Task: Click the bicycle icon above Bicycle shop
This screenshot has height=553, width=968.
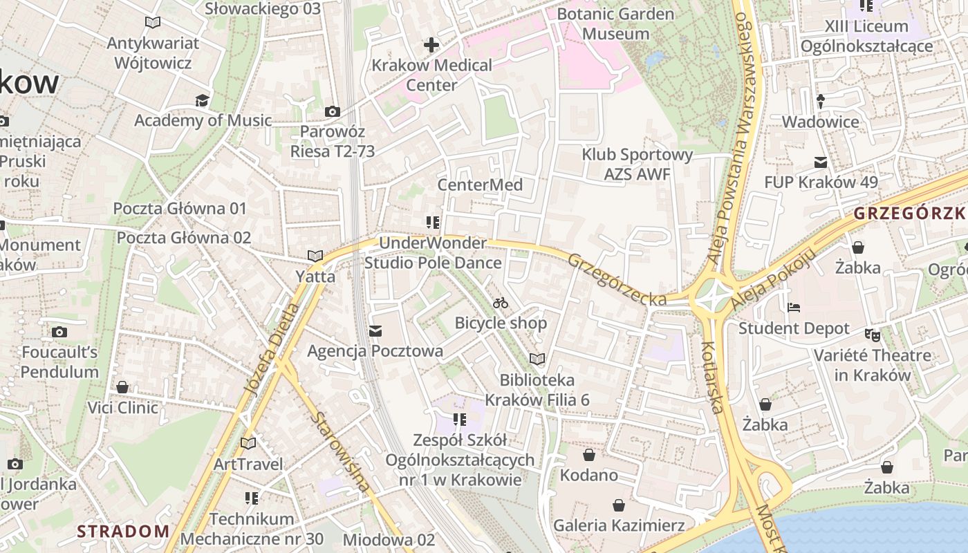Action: pos(501,303)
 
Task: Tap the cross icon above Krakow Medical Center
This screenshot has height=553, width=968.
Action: pos(431,46)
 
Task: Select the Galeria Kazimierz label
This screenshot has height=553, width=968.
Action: pos(619,525)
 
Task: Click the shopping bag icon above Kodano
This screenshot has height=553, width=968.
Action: pos(589,455)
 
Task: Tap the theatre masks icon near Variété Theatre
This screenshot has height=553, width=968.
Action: pos(873,335)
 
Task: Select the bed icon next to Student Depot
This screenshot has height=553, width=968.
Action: pos(794,307)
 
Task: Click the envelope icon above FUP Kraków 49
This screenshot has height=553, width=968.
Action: pos(821,162)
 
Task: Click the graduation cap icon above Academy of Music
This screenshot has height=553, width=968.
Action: pos(202,101)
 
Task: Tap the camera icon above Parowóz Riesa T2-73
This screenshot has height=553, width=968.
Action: pos(333,111)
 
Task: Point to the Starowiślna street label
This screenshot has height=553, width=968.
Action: pos(339,451)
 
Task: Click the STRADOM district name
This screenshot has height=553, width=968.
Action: pos(123,532)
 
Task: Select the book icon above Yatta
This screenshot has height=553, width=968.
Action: pos(315,256)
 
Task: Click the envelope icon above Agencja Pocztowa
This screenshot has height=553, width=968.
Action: pos(375,331)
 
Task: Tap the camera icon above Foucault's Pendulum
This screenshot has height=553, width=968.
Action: pos(59,332)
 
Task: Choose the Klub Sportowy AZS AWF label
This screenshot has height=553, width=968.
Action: pos(637,164)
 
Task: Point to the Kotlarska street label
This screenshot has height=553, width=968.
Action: pos(712,377)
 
